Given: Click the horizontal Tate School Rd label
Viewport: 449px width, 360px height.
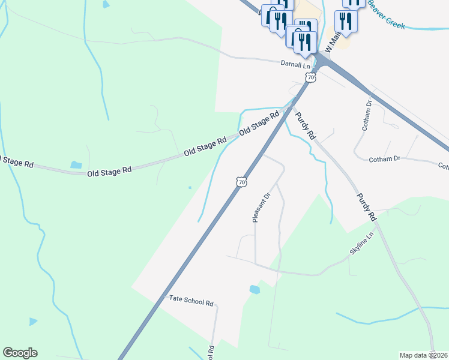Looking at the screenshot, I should tap(191, 302).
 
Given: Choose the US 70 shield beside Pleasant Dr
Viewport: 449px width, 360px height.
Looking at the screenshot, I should tap(241, 181).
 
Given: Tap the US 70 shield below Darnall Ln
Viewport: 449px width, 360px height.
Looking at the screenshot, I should tap(310, 77).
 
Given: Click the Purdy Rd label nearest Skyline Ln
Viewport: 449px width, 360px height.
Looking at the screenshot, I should tap(366, 206).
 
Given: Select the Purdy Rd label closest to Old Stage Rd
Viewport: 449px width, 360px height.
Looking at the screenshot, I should tap(304, 125).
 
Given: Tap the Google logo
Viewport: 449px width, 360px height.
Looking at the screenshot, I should tap(20, 353).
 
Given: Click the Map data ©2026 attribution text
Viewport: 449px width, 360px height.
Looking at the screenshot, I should tap(423, 355).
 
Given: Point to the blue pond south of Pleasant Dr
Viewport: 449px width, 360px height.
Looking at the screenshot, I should tap(255, 289).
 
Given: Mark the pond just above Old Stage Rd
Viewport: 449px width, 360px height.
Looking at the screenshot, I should tap(76, 165).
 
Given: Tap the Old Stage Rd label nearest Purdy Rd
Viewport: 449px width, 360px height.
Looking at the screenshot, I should tap(259, 123).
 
